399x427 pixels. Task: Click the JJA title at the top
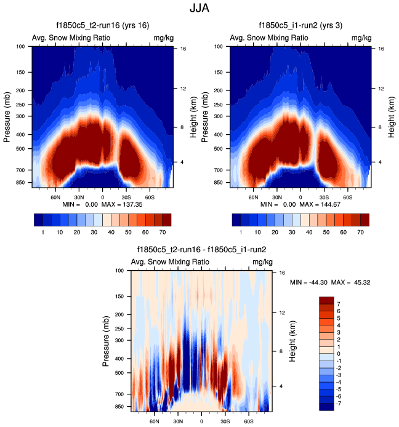click(199, 10)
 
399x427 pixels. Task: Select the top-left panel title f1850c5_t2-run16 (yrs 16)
click(102, 26)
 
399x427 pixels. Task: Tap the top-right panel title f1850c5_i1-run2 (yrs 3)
click(300, 26)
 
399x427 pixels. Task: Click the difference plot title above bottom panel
click(201, 250)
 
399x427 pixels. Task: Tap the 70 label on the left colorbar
click(163, 234)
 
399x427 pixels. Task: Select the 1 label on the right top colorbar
click(241, 234)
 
